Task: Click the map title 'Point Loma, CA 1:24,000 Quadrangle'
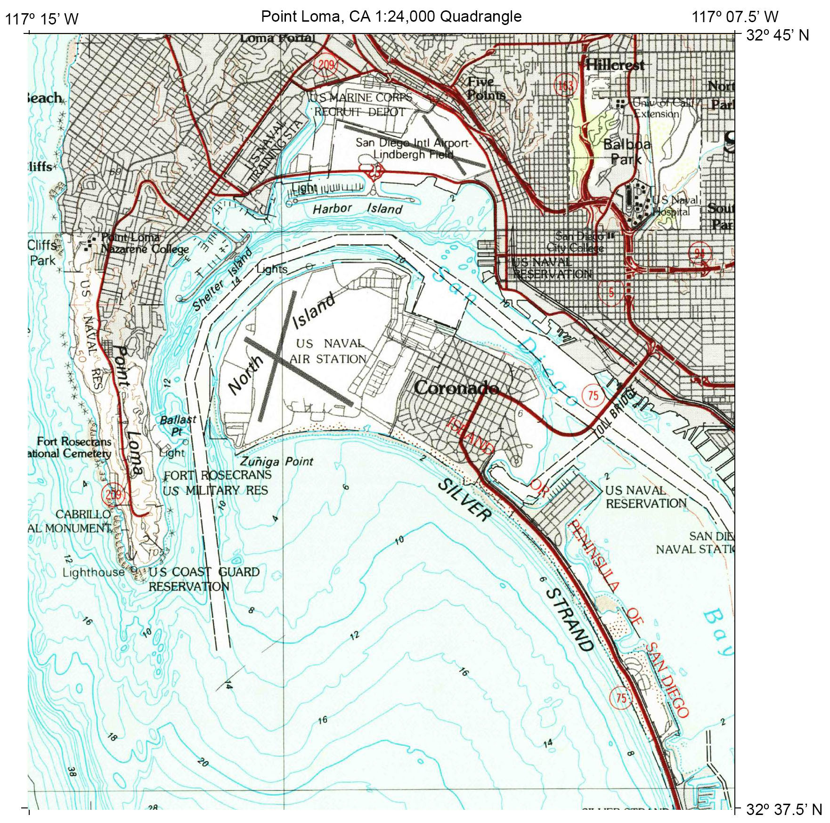pos(391,16)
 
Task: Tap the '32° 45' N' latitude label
pos(777,35)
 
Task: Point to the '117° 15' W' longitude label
pos(41,19)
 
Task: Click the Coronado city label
pos(456,388)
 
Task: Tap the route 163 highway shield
pos(565,85)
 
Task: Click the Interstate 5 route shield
pos(611,292)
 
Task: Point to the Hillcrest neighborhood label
pos(615,65)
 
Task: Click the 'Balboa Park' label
pos(627,151)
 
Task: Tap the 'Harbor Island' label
pos(358,208)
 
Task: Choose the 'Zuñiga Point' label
pos(277,461)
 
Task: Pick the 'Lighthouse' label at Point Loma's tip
pos(93,572)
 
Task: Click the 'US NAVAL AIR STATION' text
pos(328,351)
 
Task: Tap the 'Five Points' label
pos(485,88)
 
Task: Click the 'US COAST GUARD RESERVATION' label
pos(203,579)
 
